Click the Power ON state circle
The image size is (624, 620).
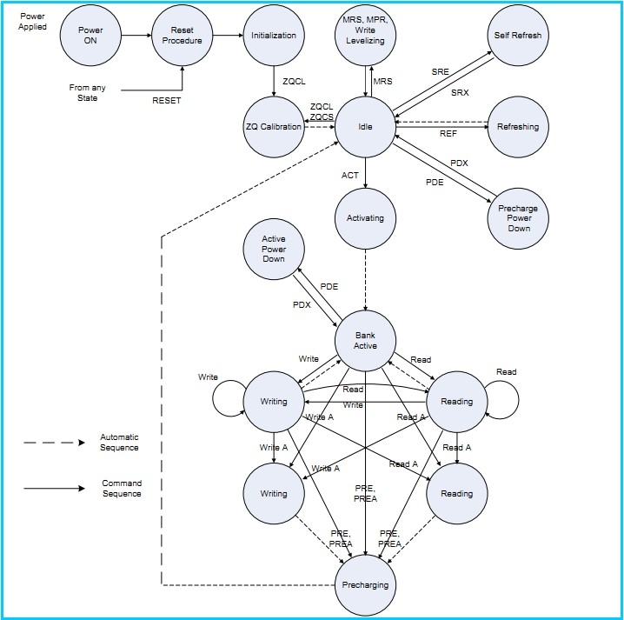(91, 36)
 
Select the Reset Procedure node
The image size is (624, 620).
(183, 36)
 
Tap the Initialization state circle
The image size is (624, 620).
(274, 36)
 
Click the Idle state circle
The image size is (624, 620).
(365, 127)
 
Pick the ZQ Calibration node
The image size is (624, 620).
(274, 127)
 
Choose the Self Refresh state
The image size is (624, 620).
(518, 36)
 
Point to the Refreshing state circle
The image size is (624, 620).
(518, 127)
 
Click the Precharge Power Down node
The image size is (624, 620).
(518, 217)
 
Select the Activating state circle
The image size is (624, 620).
(365, 217)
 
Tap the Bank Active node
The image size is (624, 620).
(365, 340)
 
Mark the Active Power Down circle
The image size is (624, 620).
(274, 250)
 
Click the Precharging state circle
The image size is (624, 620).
(365, 584)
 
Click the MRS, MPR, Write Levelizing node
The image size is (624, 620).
(365, 36)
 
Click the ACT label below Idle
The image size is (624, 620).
(350, 176)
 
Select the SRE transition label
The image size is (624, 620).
(441, 71)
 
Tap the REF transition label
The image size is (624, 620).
(448, 134)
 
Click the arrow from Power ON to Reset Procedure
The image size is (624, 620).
(136, 36)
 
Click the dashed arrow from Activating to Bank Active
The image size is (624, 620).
(365, 278)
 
